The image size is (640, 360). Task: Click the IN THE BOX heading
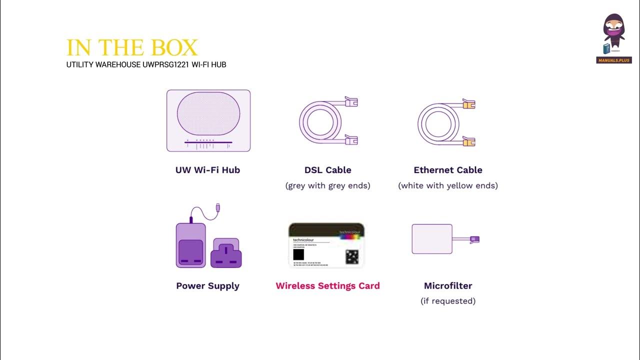tap(132, 48)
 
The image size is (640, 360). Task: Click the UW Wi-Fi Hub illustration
tap(208, 120)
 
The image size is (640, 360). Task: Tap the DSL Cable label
tap(327, 170)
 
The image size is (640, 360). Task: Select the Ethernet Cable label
tap(448, 170)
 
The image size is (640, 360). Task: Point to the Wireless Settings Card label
tap(327, 286)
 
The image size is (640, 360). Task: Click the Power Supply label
tap(207, 286)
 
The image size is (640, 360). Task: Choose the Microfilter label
tap(448, 286)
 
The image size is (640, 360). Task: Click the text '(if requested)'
tap(448, 301)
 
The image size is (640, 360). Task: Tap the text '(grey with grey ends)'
tap(327, 185)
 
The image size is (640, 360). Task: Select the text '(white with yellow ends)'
tap(448, 185)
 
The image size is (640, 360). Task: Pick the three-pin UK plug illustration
tap(226, 252)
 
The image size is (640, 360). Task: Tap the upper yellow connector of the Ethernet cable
tap(468, 104)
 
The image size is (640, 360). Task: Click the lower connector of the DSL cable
tap(351, 140)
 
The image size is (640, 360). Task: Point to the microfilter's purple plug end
tap(474, 239)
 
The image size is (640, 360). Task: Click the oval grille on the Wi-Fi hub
tap(208, 112)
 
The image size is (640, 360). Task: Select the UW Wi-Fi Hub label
tap(207, 170)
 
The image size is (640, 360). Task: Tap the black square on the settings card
tap(299, 254)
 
